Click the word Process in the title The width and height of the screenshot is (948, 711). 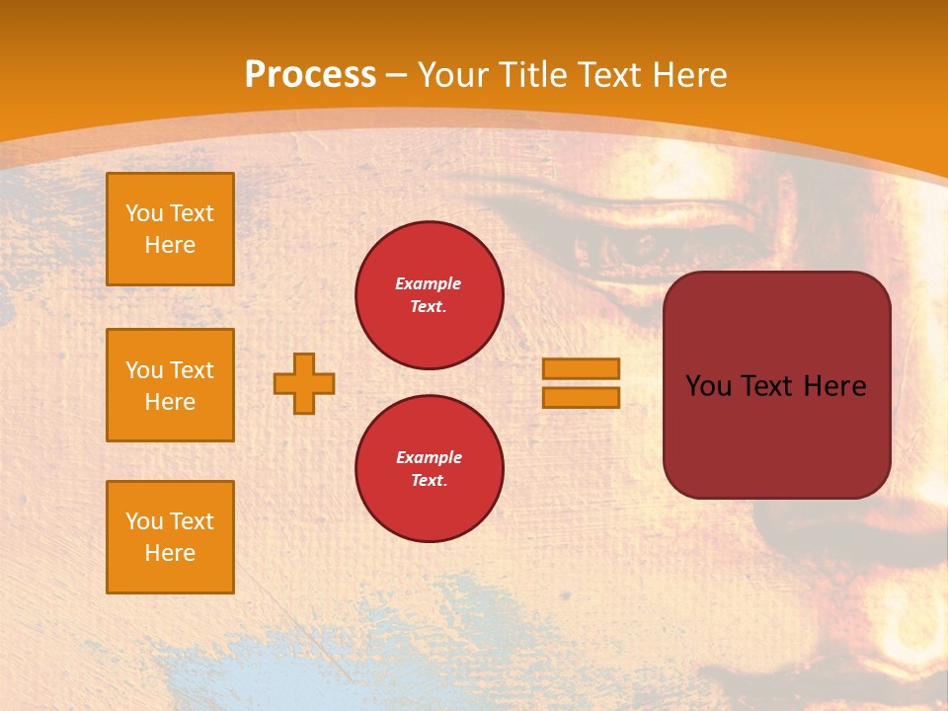point(310,75)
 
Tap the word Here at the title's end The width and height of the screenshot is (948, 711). point(687,75)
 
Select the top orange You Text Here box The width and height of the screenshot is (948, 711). point(170,229)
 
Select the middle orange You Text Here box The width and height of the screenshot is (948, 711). point(170,385)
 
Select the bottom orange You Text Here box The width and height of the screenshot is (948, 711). point(170,537)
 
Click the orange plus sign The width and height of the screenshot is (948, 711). point(304,383)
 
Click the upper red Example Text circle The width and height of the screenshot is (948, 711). point(430,294)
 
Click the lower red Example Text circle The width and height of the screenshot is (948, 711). point(430,468)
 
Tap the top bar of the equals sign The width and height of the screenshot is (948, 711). point(581,368)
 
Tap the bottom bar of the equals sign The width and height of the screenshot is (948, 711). point(581,397)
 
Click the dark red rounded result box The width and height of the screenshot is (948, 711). point(776,434)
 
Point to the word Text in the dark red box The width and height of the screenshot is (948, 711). point(771,386)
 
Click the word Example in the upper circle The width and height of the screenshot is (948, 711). point(429,283)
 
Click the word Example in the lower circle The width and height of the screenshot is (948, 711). point(429,457)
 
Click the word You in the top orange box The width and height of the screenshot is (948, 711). point(143,213)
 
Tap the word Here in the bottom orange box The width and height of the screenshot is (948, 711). point(170,553)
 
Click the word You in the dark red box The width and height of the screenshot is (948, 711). point(708,386)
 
